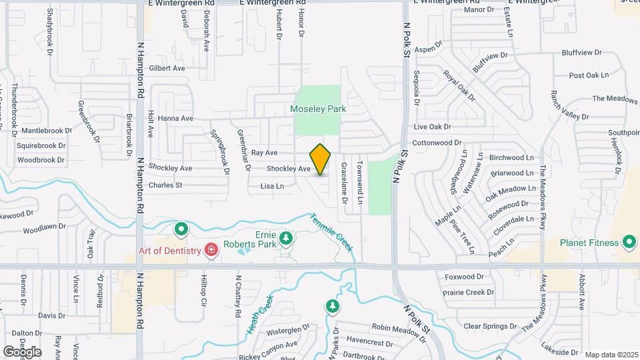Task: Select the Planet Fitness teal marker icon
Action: (628, 243)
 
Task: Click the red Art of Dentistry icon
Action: (211, 250)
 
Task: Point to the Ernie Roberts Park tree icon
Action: (286, 238)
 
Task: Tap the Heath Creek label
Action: (260, 315)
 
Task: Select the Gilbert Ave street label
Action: (167, 68)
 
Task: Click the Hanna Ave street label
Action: (175, 119)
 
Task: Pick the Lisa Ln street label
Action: (272, 186)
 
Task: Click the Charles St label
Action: (165, 185)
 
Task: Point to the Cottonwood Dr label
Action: (437, 143)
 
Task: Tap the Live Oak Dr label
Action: (432, 127)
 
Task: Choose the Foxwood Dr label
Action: (465, 277)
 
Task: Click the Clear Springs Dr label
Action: (490, 326)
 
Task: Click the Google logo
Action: (22, 351)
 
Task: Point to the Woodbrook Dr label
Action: (41, 160)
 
